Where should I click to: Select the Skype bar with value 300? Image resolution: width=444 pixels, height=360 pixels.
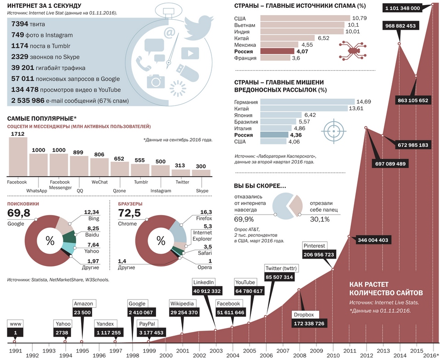tap(201, 173)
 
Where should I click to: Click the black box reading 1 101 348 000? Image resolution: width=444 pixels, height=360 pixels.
tap(403, 8)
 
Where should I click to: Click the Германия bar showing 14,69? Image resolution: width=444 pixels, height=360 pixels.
tap(307, 101)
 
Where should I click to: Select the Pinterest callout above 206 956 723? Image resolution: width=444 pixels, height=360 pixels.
tap(316, 245)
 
